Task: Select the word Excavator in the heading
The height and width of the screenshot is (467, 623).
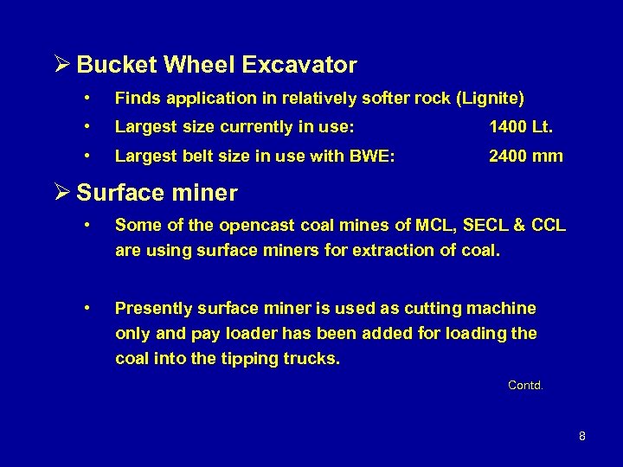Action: pyautogui.click(x=299, y=66)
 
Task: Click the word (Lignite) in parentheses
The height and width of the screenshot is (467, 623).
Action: pyautogui.click(x=492, y=99)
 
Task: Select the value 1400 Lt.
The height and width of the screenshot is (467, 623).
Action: pyautogui.click(x=520, y=127)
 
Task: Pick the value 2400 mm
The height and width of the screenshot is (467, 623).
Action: pyautogui.click(x=525, y=157)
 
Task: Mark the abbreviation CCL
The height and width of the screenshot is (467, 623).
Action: pyautogui.click(x=549, y=226)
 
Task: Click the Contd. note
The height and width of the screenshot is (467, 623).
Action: pyautogui.click(x=525, y=386)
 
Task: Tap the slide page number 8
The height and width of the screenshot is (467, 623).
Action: pyautogui.click(x=581, y=437)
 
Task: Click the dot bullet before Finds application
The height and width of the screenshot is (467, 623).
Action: pyautogui.click(x=88, y=99)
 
